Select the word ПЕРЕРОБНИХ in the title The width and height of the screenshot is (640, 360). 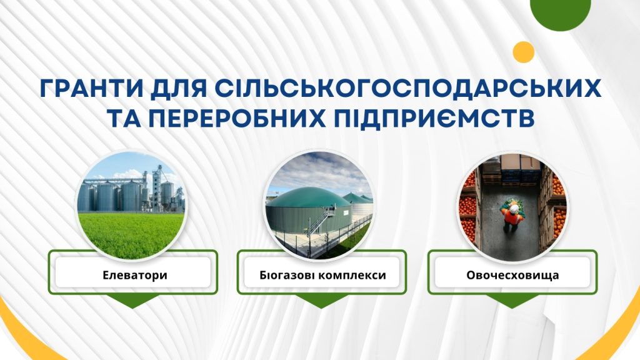[237, 119]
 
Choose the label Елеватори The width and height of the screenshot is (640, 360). [135, 275]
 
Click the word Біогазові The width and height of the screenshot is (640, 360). [286, 275]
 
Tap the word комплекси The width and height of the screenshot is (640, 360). [351, 276]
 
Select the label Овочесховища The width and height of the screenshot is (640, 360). [512, 275]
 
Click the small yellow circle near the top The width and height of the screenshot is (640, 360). [524, 52]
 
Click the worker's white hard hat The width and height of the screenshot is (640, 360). [514, 209]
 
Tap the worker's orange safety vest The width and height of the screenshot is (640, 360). [512, 217]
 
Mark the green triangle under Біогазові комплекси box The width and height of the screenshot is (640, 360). [322, 301]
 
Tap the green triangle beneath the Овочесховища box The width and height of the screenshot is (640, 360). [512, 301]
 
